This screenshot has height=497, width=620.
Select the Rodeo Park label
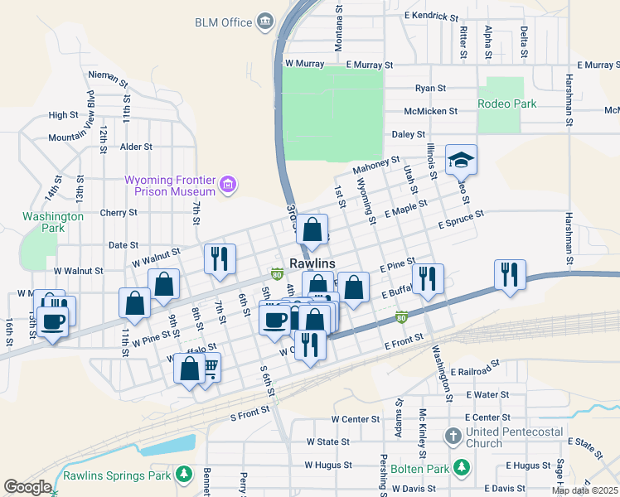click(x=507, y=104)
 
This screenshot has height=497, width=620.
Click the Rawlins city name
click(x=312, y=263)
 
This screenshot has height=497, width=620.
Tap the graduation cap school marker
click(x=461, y=159)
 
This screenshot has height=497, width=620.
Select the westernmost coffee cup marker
click(x=53, y=321)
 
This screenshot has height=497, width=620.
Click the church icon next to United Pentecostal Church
click(x=452, y=436)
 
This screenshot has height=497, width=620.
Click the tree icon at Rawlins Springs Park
click(x=185, y=475)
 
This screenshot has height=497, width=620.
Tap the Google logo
click(x=27, y=487)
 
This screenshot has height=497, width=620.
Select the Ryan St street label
click(x=431, y=88)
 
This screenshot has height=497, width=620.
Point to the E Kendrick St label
click(x=431, y=16)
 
